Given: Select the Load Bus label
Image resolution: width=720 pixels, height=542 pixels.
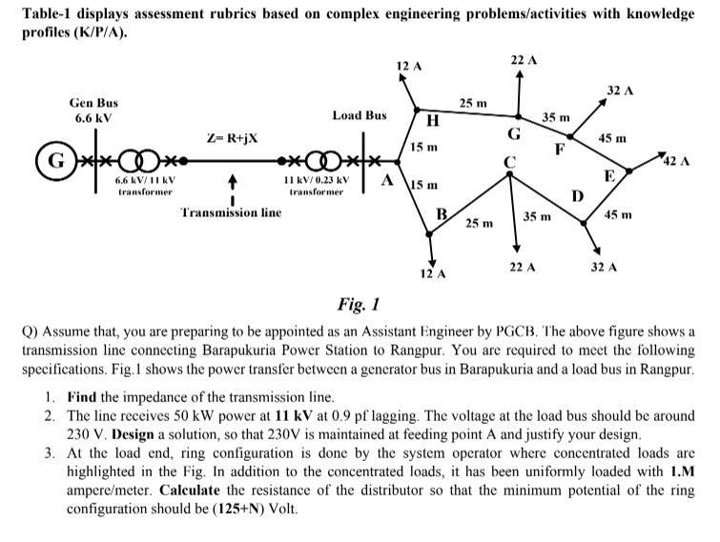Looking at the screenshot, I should tap(359, 115).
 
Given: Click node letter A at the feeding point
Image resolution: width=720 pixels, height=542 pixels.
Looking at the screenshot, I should tap(388, 178).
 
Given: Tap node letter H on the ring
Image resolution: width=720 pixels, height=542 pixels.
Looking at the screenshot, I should tap(431, 121).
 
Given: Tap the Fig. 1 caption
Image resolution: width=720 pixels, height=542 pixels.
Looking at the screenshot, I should tap(359, 304).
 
